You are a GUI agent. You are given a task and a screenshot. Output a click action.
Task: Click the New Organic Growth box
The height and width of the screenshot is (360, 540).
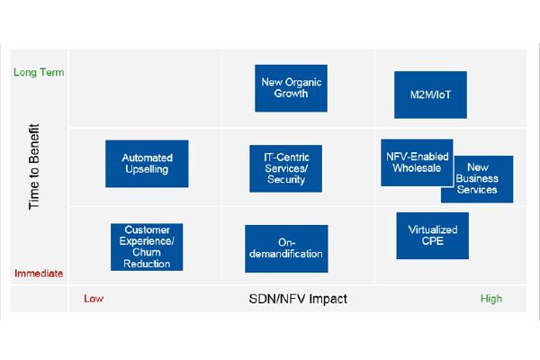(x=291, y=88)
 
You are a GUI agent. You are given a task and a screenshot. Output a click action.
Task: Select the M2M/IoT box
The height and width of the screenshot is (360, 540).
(x=430, y=94)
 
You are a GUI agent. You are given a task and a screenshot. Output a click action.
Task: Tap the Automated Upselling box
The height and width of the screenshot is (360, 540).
(x=147, y=164)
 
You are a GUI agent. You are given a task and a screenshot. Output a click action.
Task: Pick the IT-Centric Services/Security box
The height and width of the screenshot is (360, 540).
(x=286, y=168)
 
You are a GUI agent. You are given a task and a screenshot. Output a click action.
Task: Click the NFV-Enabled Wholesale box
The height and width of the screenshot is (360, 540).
(x=417, y=163)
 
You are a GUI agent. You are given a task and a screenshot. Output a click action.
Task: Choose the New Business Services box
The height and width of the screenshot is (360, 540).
(x=482, y=179)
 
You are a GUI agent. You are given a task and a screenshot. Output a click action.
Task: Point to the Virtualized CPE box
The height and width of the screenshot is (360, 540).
(x=433, y=236)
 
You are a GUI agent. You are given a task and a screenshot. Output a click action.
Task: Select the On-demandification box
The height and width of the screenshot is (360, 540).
(x=286, y=248)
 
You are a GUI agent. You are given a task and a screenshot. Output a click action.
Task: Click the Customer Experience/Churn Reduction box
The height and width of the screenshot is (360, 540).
(x=147, y=247)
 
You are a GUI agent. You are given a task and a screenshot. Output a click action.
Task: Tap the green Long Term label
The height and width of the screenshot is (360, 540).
(x=39, y=72)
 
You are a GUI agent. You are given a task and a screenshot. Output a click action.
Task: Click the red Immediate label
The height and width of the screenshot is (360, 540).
(x=39, y=274)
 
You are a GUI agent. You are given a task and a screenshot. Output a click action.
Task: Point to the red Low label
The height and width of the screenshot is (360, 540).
(x=94, y=299)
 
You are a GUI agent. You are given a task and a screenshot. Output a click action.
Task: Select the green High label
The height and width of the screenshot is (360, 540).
(x=491, y=299)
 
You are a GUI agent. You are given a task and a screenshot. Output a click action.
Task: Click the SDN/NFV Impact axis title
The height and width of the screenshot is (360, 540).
(x=298, y=299)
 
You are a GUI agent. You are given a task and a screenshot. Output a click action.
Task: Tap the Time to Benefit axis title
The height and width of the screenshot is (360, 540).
(x=34, y=166)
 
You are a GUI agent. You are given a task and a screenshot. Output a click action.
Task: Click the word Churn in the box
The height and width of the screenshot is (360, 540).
(x=147, y=253)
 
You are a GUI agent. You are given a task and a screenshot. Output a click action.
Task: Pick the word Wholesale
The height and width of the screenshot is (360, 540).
(x=417, y=168)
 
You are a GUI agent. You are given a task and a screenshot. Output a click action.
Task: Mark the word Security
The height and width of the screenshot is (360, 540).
(x=286, y=179)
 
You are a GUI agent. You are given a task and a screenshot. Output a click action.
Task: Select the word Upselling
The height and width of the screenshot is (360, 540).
(x=147, y=169)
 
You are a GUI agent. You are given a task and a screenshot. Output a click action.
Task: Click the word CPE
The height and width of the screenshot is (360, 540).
(x=433, y=241)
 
